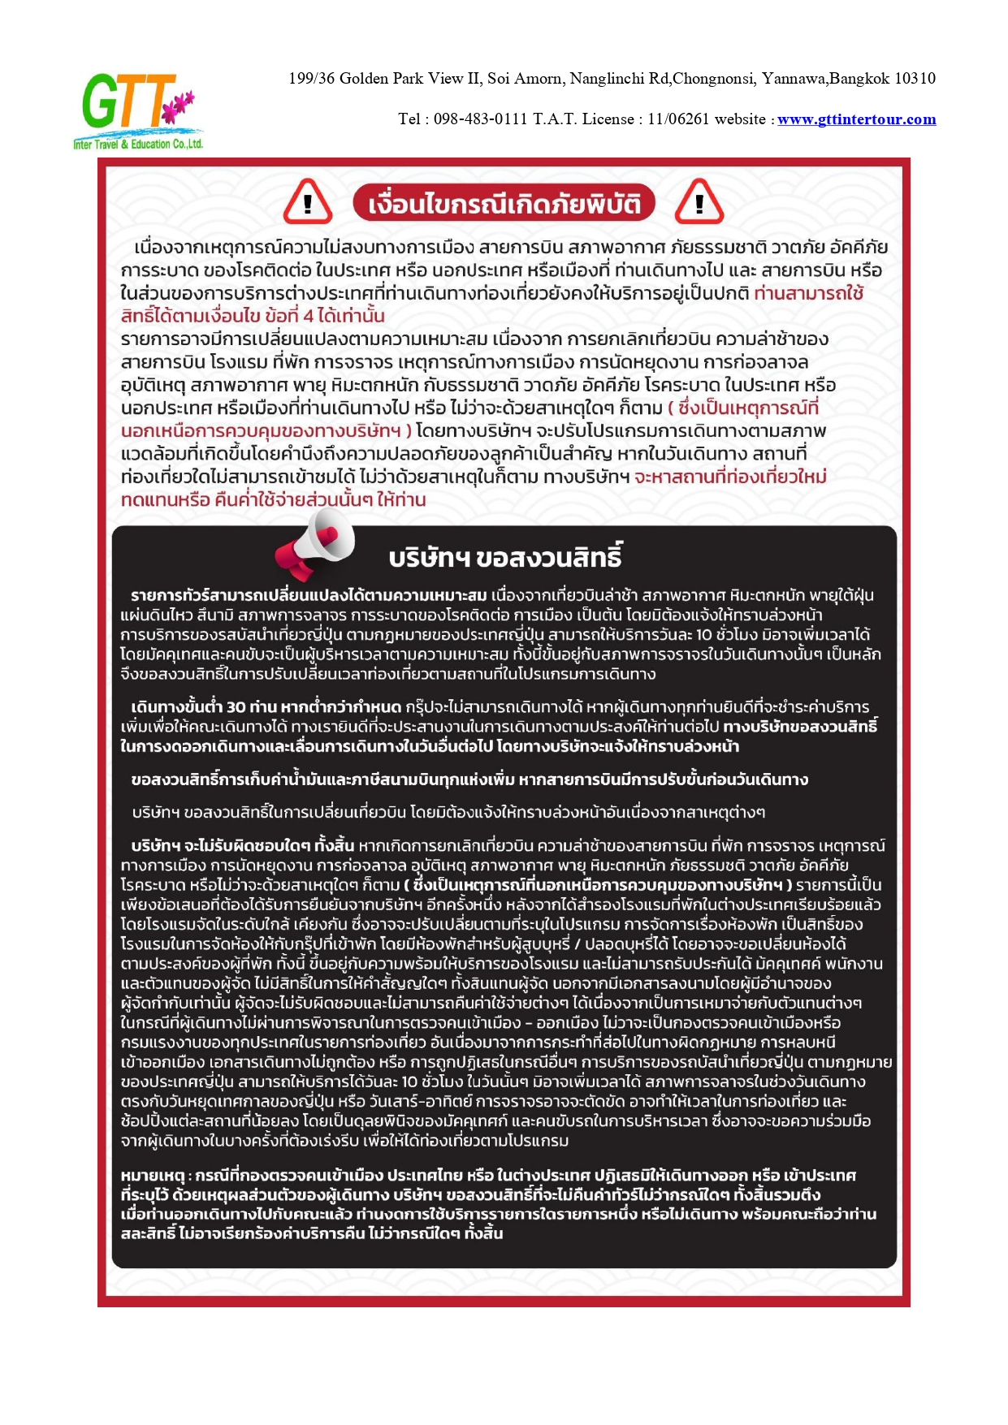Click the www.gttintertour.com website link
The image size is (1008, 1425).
856,119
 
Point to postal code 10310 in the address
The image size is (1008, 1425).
915,79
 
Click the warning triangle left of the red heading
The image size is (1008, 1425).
307,202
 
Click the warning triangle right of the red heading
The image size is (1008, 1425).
699,202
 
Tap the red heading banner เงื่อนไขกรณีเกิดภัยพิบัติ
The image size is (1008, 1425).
504,203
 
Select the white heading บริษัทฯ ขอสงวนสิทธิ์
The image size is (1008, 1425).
505,559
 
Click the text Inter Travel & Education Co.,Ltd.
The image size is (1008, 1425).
138,145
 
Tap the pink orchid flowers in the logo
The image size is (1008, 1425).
180,103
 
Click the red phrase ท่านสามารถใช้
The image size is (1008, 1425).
808,293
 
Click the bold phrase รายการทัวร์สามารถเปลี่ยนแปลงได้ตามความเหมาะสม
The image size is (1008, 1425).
309,595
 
